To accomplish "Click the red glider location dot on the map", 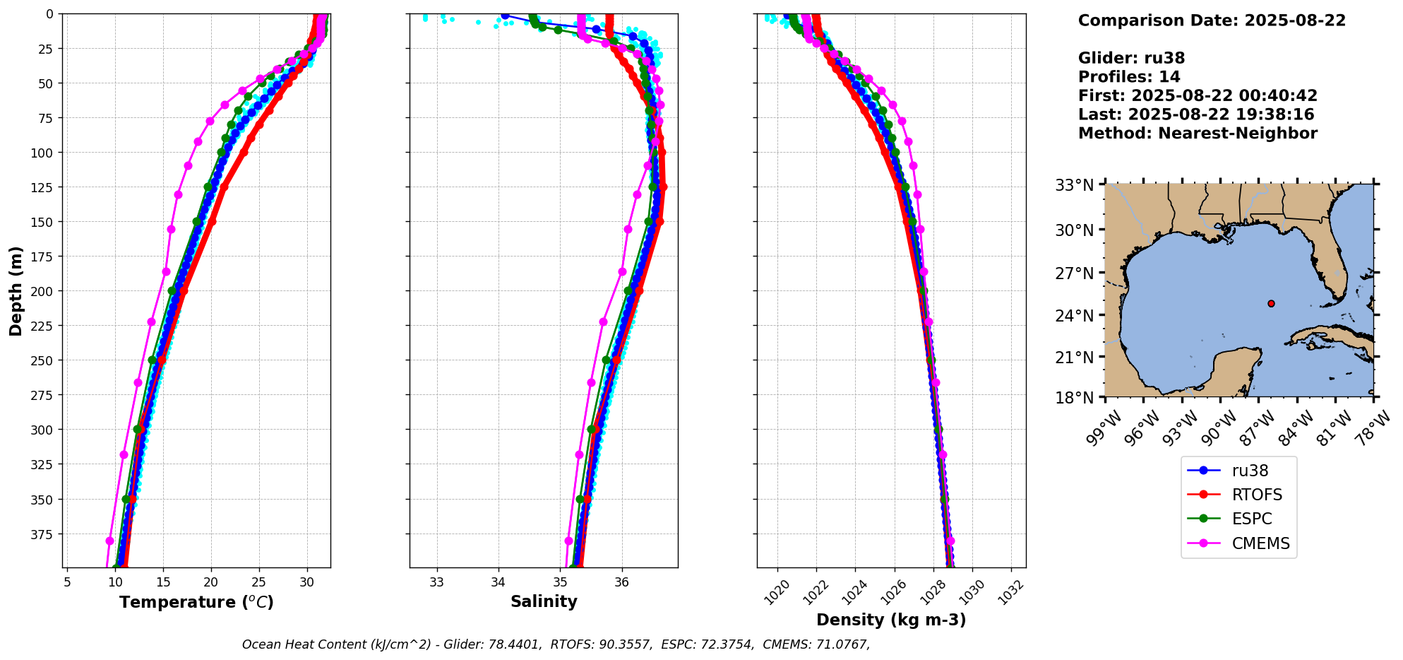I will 1271,303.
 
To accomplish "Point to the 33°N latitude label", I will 1074,186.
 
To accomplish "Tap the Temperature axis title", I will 196,602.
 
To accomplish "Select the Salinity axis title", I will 544,601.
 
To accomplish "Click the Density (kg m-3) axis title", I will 891,620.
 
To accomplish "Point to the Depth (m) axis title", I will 16,290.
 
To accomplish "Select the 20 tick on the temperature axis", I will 211,582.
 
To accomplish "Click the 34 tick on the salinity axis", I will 498,582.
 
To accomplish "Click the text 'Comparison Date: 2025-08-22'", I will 1212,20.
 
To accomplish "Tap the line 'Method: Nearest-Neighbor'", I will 1198,134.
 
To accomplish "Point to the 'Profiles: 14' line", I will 1129,77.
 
